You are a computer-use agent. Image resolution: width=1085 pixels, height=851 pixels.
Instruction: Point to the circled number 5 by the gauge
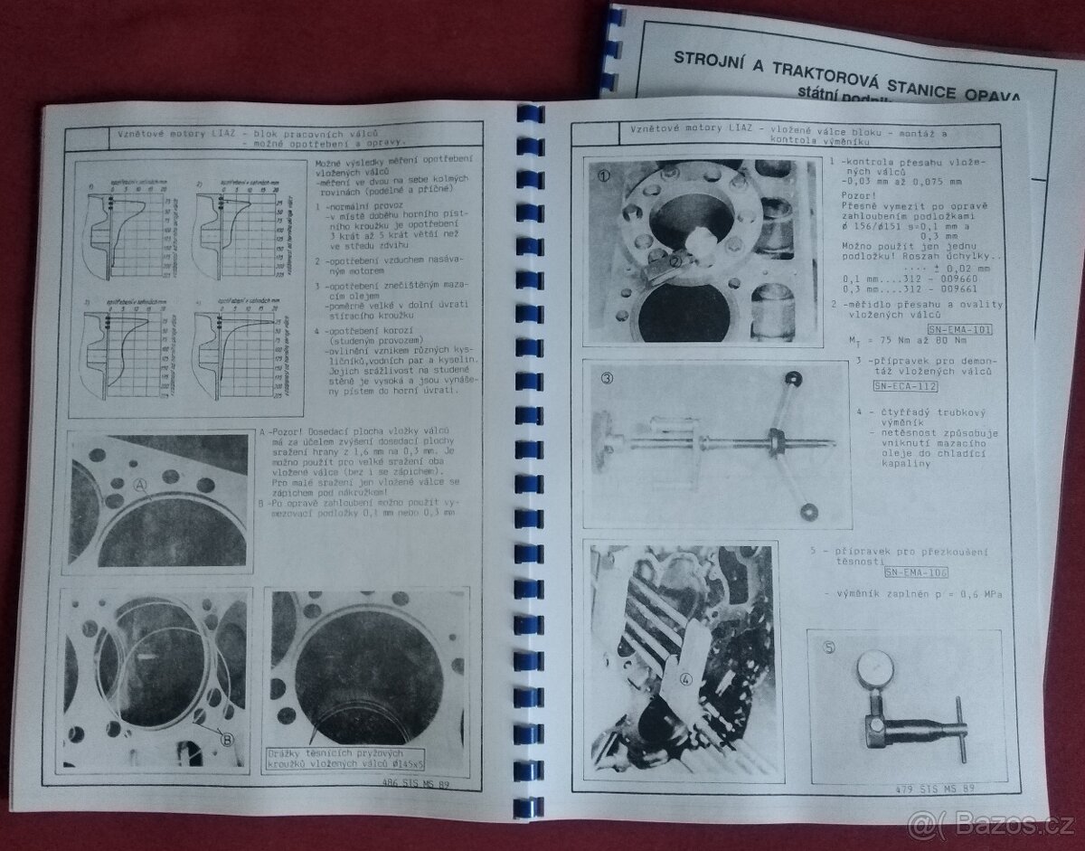click(830, 648)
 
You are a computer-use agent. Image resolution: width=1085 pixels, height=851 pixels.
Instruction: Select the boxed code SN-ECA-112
click(905, 386)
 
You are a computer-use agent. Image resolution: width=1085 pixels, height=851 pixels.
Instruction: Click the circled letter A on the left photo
click(141, 485)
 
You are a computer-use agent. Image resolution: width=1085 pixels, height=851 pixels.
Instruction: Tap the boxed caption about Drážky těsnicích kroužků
click(343, 760)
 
